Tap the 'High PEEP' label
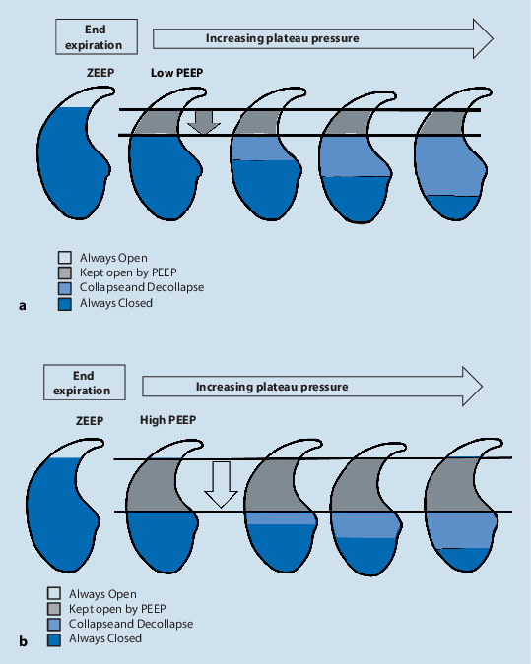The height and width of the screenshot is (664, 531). coord(167,419)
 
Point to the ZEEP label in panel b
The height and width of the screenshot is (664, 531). coord(90,419)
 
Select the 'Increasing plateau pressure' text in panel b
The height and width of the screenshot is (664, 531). coord(271,387)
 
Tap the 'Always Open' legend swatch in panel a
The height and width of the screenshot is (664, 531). coord(66,258)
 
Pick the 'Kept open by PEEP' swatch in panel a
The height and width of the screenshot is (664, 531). coord(66,273)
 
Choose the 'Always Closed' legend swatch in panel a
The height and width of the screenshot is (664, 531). coord(66,304)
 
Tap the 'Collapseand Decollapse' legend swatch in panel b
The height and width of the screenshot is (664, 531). coord(54,625)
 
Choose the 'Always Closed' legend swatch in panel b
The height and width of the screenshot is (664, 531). coord(54,639)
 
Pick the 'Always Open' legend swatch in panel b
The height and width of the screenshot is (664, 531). coord(54,594)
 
